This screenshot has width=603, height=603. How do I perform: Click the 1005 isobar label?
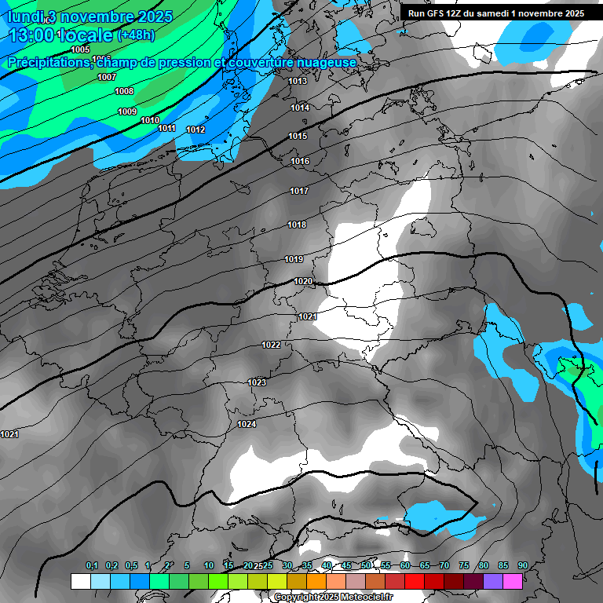[x=80, y=49]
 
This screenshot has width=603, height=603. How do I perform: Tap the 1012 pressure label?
[x=196, y=130]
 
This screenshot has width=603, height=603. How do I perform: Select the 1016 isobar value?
[x=300, y=161]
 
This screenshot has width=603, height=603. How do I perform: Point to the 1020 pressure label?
[x=303, y=281]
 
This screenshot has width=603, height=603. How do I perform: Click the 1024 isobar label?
[x=247, y=424]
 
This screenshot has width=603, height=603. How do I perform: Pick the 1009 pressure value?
[x=127, y=111]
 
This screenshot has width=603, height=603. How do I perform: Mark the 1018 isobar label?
[x=297, y=225]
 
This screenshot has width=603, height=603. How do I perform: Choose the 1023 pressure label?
[x=257, y=382]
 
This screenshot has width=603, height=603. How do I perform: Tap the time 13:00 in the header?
[x=32, y=35]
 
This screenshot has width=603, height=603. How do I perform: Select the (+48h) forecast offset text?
[x=136, y=35]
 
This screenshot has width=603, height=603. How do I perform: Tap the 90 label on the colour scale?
[x=522, y=565]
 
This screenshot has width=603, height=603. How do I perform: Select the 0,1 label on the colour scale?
[x=92, y=565]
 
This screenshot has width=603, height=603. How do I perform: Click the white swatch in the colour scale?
[x=80, y=581]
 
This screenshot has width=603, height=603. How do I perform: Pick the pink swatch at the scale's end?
[x=513, y=581]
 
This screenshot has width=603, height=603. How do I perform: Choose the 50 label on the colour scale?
[x=366, y=565]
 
